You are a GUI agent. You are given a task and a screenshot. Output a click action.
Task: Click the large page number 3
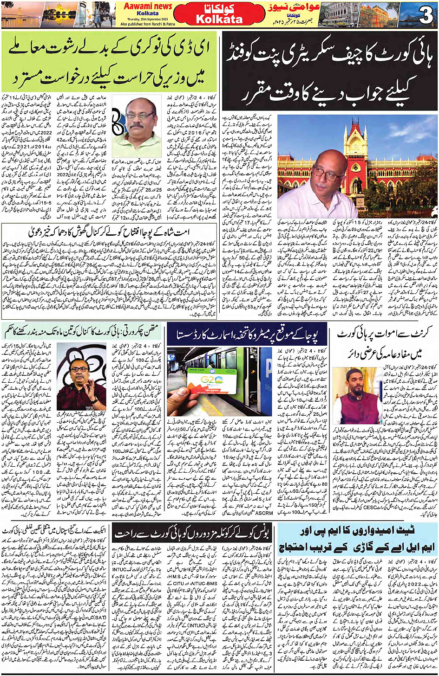coord(425,14)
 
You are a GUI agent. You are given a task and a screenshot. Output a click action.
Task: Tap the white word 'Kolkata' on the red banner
coord(219,19)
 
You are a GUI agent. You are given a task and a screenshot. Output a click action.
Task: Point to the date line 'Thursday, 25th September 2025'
coord(148,19)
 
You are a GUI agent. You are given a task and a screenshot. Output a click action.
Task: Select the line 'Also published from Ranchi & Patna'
coord(148,24)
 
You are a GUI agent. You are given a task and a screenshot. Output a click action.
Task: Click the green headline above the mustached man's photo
coord(110,62)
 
